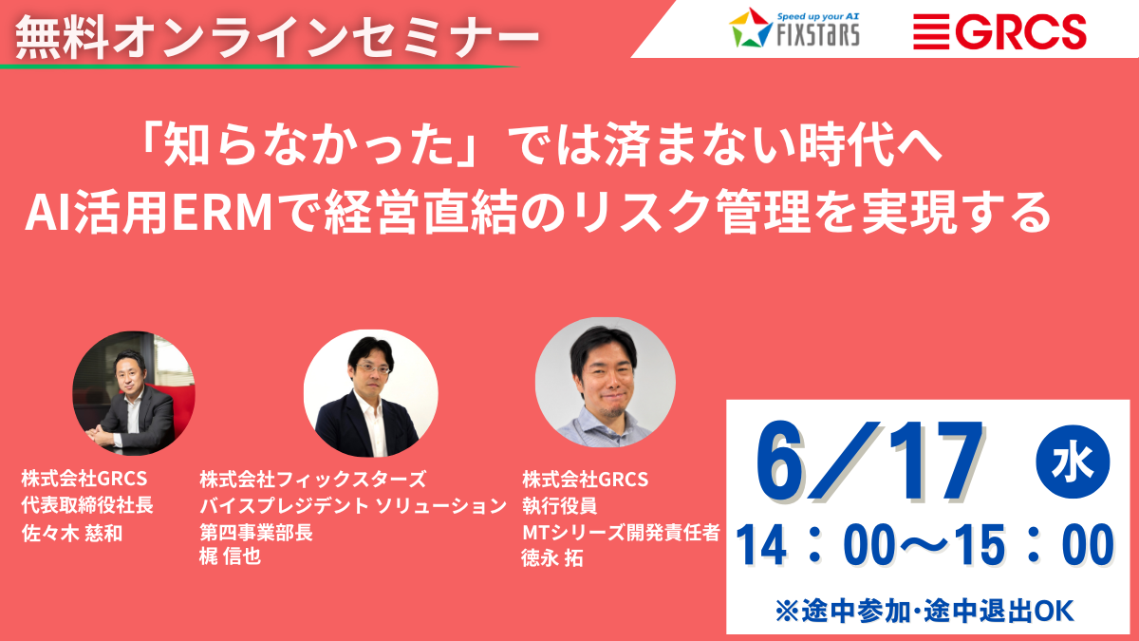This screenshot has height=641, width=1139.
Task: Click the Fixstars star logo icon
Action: pos(751,28)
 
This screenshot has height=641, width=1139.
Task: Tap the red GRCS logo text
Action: pos(1020,31)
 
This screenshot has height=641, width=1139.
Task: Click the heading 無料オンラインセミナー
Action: pos(277,37)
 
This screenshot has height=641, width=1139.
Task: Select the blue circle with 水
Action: pos(1073,462)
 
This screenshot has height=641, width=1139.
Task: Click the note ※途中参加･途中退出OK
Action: pos(924,611)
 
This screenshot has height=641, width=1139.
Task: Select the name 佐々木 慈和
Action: pos(72,533)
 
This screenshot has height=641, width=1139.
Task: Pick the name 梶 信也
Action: pos(230,556)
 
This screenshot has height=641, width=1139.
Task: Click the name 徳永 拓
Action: pos(552,558)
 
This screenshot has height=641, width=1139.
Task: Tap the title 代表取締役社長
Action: pos(87,505)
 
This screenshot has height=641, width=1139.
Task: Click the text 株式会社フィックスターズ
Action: pos(312,479)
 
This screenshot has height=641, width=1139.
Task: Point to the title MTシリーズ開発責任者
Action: pos(621,532)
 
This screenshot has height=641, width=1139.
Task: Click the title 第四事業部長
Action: pos(255,532)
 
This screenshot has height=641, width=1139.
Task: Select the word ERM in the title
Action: pos(223,213)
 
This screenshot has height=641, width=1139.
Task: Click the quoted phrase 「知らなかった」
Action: pos(308,145)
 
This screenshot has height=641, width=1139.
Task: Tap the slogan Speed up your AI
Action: pos(818,17)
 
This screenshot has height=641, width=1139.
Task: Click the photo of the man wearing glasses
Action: pos(371,393)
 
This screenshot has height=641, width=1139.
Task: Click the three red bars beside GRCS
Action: pos(931,31)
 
